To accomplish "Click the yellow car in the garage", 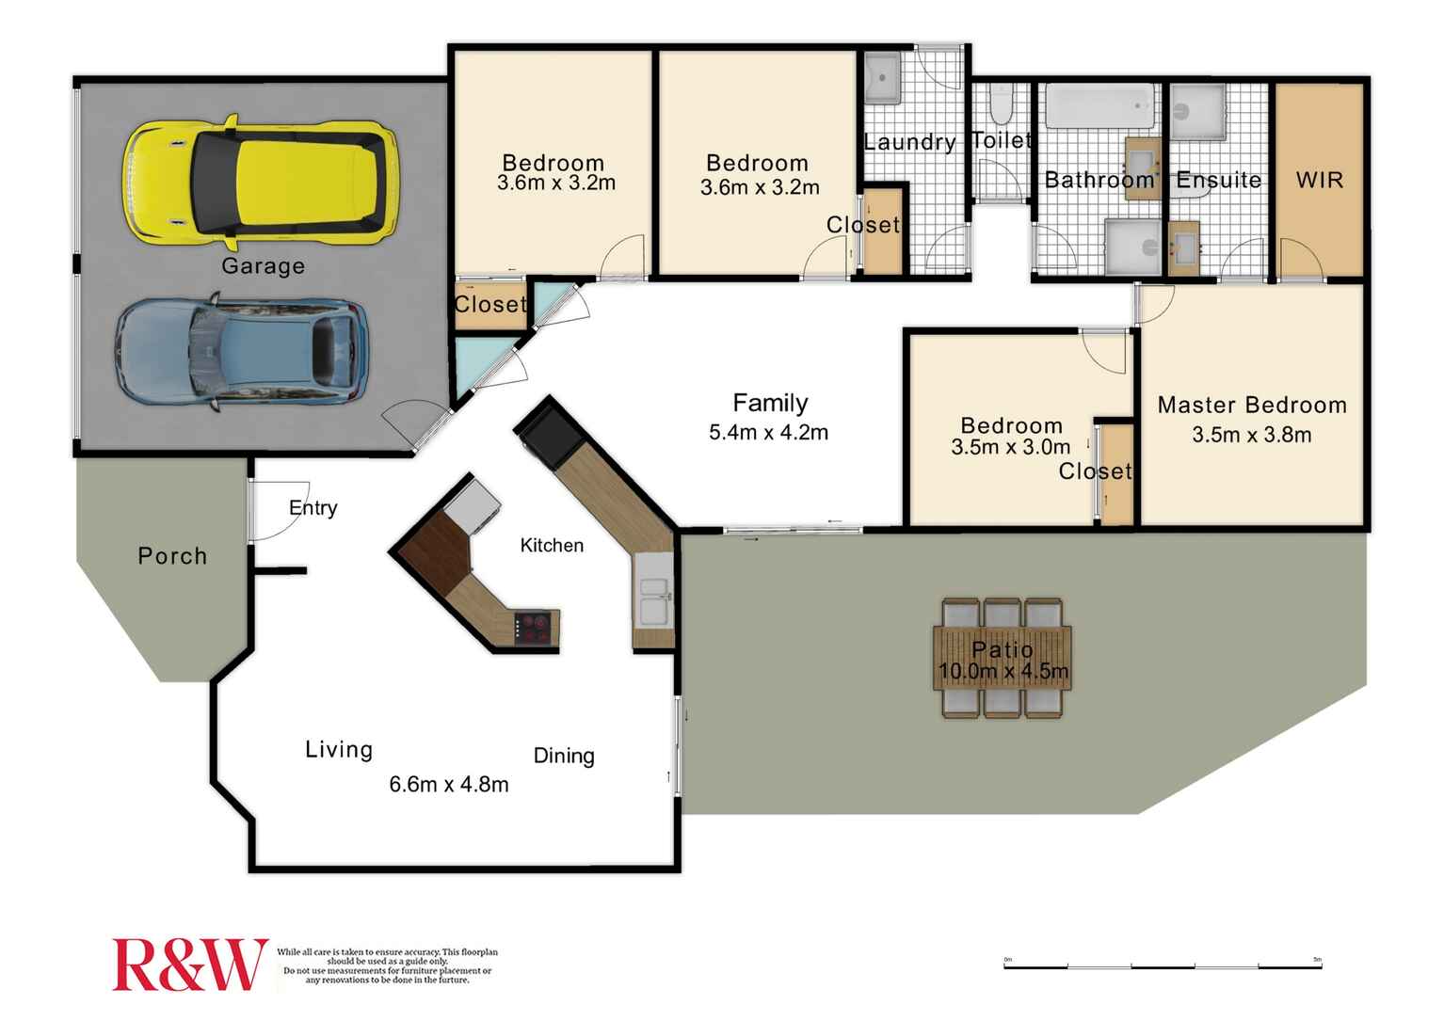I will tap(260, 181).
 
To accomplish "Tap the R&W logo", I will tap(189, 965).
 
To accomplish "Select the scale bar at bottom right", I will tap(1163, 965).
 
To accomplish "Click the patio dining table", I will tap(1003, 658).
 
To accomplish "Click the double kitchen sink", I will tap(653, 601).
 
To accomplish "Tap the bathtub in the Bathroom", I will tap(1099, 107).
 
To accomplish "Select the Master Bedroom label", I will tap(1252, 406).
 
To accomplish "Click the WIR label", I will tap(1319, 180).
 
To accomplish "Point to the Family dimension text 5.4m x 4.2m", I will tap(768, 433).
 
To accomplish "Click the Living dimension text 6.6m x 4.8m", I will tap(449, 784).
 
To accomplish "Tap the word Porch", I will tap(172, 556).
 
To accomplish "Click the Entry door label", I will tap(313, 508).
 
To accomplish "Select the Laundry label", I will tap(909, 142).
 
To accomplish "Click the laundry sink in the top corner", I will tap(883, 77).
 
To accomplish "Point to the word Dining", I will tap(564, 756).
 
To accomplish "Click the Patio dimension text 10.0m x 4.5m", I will tap(1003, 671).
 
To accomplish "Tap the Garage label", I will tap(263, 266).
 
